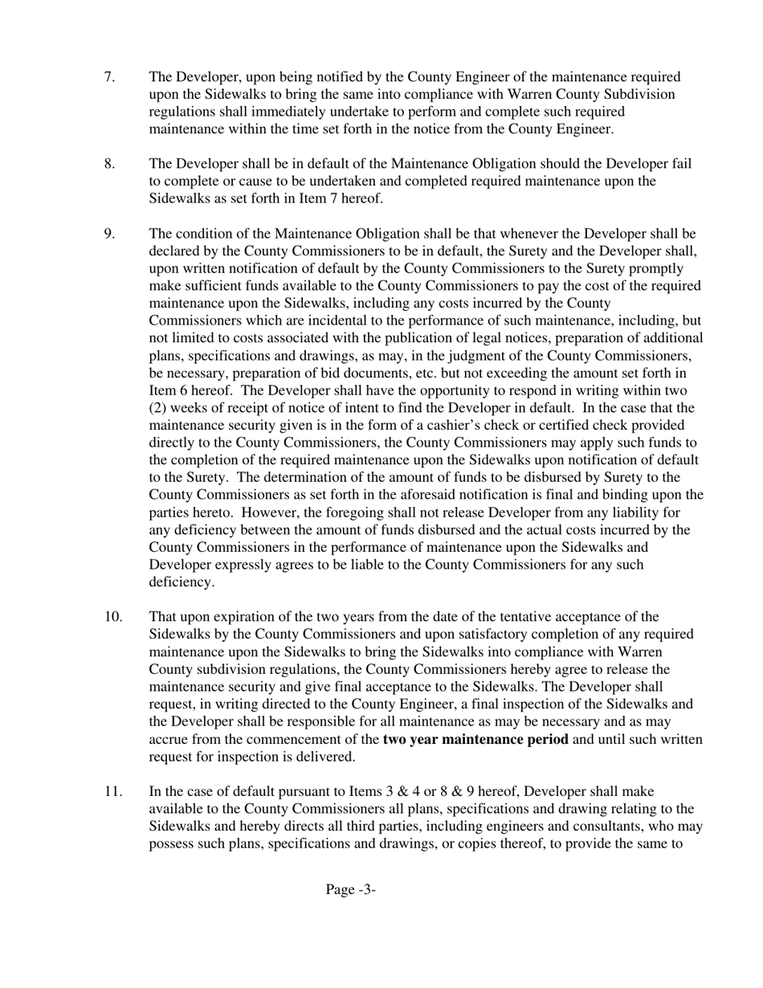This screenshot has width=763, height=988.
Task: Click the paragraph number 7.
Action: (x=109, y=77)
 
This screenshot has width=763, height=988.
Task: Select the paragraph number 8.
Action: (x=109, y=164)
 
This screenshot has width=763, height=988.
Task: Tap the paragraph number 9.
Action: (x=109, y=234)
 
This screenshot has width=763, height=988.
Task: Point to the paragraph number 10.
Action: (x=113, y=617)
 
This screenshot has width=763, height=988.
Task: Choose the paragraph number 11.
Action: (x=113, y=791)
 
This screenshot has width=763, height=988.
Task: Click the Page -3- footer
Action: (x=351, y=889)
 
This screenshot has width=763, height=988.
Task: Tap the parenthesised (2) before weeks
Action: (x=159, y=407)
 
